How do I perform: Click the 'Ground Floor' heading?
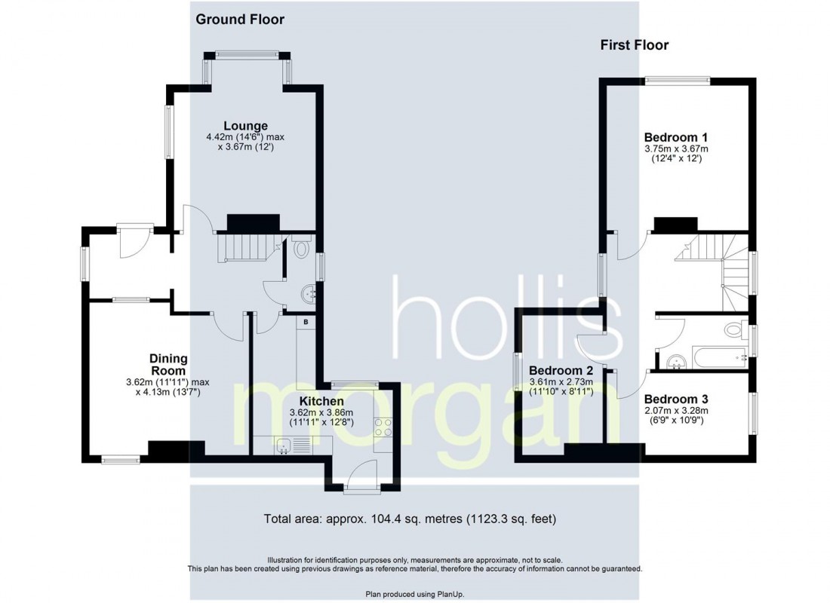pos(240,20)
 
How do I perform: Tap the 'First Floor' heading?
pos(634,45)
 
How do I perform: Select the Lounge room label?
pos(245,125)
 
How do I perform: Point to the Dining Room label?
pos(168,365)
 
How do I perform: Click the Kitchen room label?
pos(321,401)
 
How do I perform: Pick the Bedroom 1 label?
pos(675,137)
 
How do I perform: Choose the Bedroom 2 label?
pos(561,371)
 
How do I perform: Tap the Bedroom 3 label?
pos(676,399)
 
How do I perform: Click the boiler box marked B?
pos(306,323)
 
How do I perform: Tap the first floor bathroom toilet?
pos(733,329)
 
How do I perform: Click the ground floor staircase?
pos(241,246)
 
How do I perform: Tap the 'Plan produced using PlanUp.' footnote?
pos(414,594)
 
